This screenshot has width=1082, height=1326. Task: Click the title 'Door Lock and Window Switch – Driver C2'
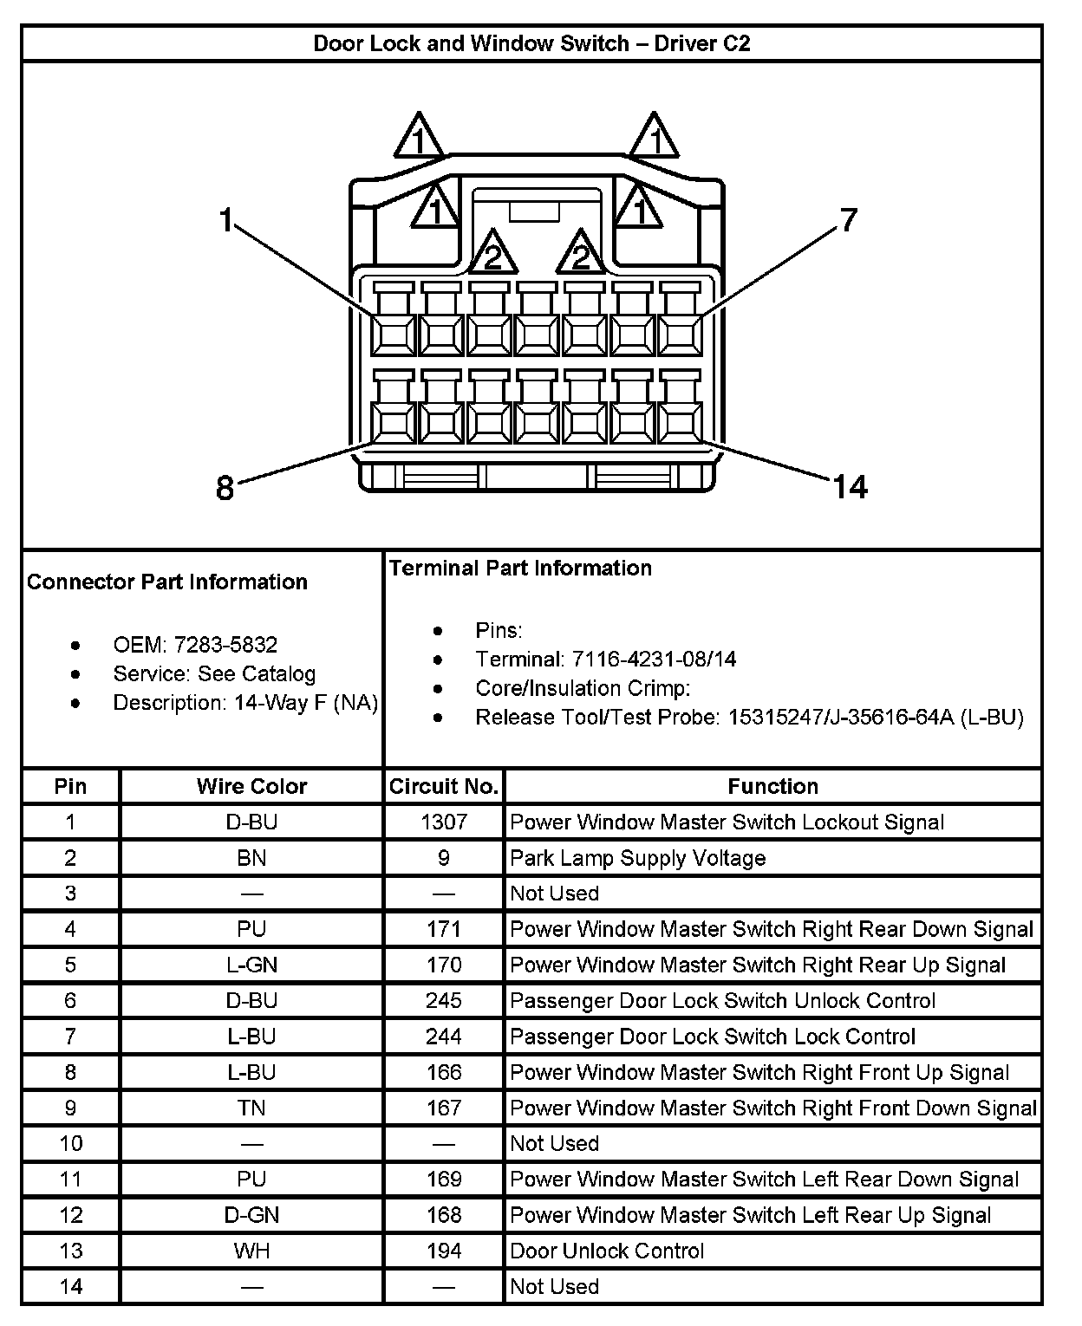click(x=531, y=43)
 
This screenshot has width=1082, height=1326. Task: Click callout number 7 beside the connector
click(x=848, y=220)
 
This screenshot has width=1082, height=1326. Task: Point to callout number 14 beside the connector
click(x=850, y=487)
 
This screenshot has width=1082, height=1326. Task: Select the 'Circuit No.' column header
click(x=443, y=786)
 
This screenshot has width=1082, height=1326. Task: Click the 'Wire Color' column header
click(x=251, y=786)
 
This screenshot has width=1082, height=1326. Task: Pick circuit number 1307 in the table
click(x=443, y=822)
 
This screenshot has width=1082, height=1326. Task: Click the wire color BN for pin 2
click(x=251, y=858)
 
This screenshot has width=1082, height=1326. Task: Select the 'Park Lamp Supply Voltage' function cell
click(x=638, y=858)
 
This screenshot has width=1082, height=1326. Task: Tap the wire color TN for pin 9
click(x=251, y=1108)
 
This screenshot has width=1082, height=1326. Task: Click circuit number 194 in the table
click(x=443, y=1251)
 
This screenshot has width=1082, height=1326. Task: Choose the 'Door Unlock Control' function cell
click(x=607, y=1251)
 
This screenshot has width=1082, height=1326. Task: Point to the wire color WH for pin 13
click(x=251, y=1251)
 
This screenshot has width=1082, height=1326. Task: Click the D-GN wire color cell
click(x=251, y=1215)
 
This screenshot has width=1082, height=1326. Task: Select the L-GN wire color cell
click(x=251, y=965)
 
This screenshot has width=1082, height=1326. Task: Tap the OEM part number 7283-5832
click(x=225, y=645)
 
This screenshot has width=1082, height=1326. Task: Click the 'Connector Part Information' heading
click(x=167, y=582)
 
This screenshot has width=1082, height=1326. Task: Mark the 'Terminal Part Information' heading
click(x=520, y=568)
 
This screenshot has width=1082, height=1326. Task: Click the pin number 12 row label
click(x=70, y=1215)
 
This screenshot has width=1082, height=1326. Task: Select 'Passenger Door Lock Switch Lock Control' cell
click(x=713, y=1037)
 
